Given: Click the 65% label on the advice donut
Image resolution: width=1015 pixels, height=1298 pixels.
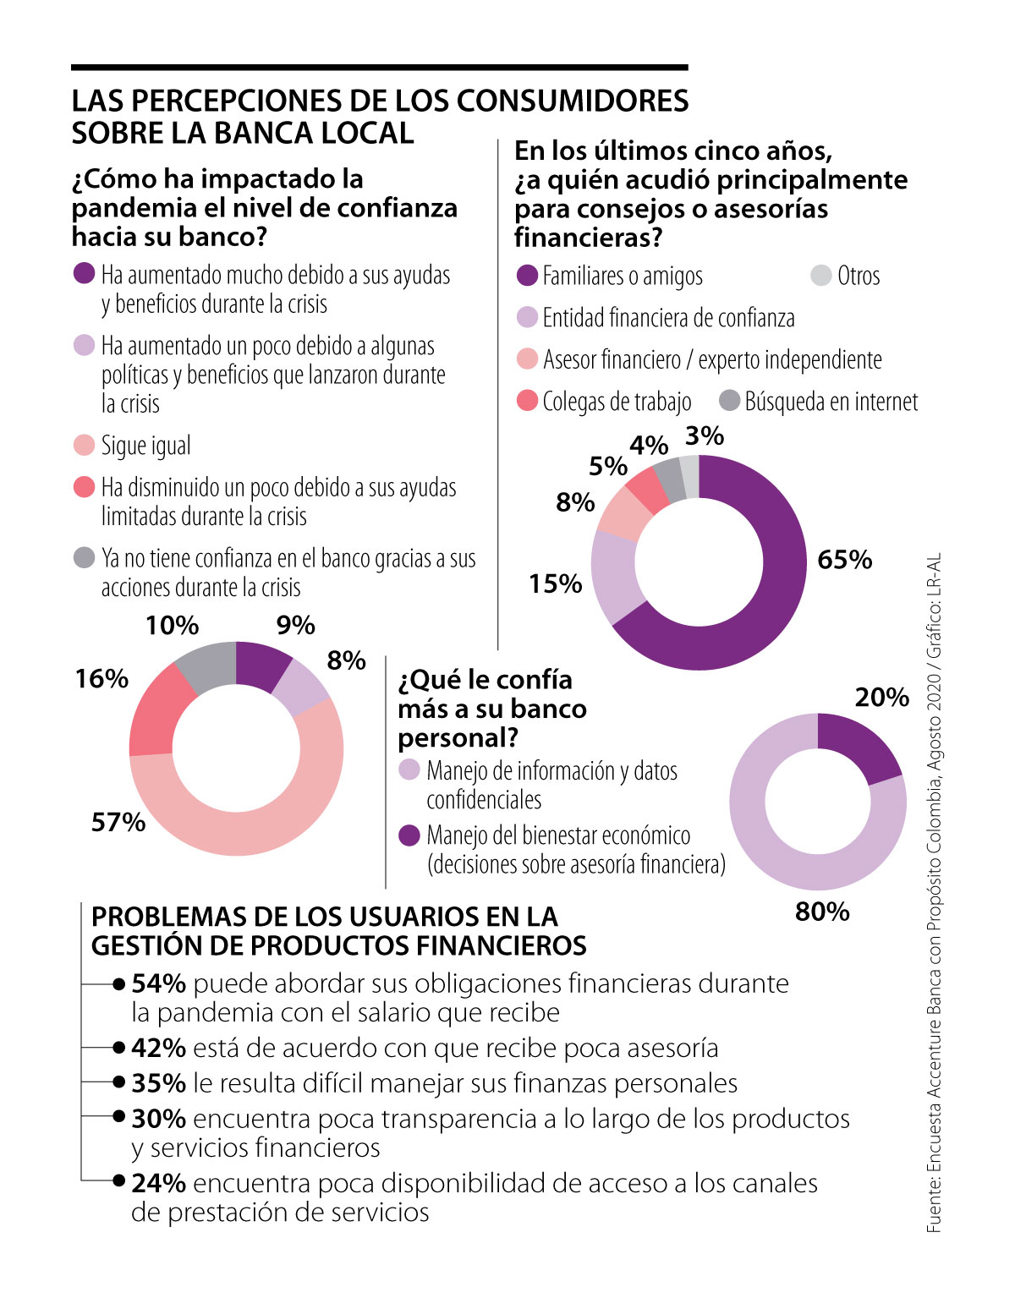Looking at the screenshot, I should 844,560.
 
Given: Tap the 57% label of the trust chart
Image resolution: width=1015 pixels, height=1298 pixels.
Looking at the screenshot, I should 118,822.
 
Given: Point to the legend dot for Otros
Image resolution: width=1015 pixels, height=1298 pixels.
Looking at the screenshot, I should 820,276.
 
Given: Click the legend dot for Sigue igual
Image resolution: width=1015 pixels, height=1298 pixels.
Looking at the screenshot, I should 84,446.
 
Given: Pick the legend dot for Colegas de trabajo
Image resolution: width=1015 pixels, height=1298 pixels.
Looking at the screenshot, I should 527,401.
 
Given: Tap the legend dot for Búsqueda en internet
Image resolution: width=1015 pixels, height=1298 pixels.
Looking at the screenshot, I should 729,401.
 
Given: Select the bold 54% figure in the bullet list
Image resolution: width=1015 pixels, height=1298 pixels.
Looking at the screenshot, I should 158,983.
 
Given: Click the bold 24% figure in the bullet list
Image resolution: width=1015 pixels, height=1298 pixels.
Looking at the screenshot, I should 158,1183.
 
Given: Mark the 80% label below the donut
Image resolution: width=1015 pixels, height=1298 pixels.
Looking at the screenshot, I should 822,912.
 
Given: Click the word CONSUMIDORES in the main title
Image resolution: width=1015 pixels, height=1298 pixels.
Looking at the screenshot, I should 573,101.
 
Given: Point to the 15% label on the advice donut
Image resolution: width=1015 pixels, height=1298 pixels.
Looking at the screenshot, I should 555,583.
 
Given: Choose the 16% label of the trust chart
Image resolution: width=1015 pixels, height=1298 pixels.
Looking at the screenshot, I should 101,678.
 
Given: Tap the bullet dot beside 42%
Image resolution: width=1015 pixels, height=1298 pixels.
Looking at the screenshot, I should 119,1048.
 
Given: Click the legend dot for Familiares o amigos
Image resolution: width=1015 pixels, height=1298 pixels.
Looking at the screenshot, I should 527,276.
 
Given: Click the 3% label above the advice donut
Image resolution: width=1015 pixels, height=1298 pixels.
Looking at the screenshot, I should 704,436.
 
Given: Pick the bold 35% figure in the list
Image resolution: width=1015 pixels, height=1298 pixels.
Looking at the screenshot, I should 158,1083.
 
